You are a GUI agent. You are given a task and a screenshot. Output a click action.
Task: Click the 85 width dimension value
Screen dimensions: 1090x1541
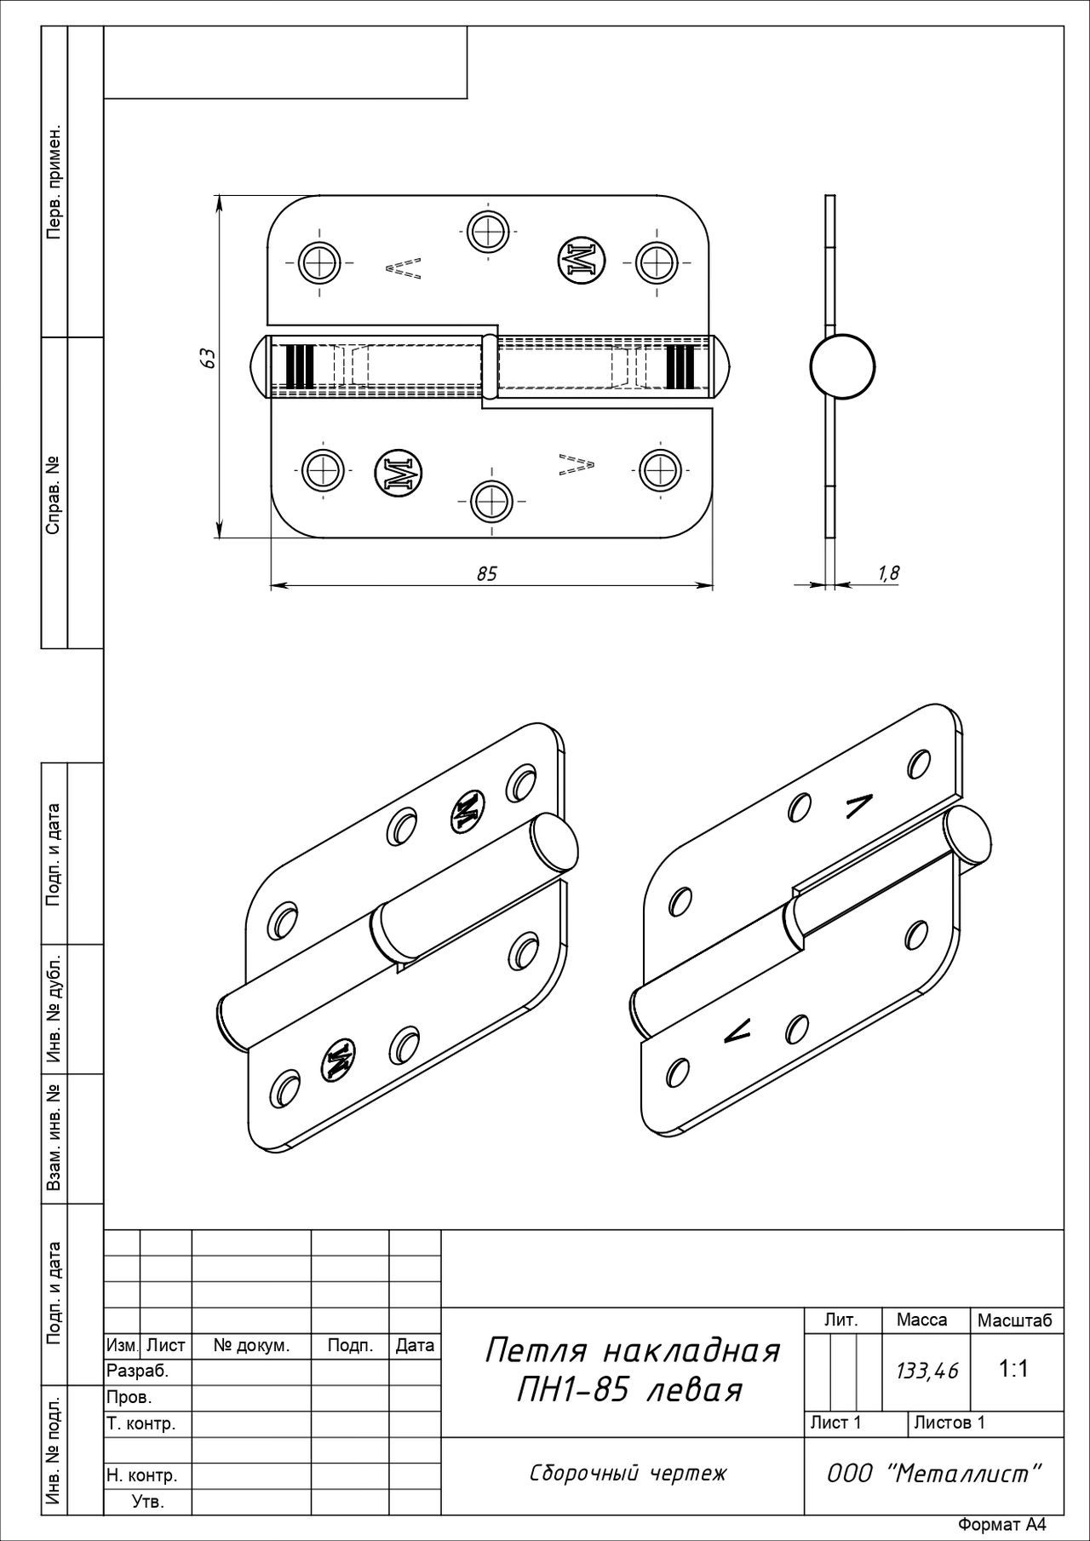(x=486, y=574)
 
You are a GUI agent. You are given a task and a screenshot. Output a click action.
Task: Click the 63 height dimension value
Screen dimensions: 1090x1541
(x=207, y=357)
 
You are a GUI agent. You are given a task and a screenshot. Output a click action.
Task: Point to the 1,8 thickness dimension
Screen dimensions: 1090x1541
(x=888, y=573)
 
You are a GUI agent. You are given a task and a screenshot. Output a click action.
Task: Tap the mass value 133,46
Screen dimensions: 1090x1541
(x=926, y=1371)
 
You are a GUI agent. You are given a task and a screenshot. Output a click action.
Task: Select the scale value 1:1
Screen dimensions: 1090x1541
(x=1013, y=1369)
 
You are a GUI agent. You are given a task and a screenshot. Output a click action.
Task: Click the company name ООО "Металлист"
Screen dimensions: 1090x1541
(x=934, y=1473)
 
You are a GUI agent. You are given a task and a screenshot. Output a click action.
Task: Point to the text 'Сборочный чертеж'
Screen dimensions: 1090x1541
(x=628, y=1474)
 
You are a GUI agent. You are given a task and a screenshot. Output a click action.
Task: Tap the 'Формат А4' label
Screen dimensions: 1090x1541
(x=1001, y=1525)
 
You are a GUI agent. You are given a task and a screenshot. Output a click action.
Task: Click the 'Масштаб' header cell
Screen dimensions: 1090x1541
(x=1015, y=1320)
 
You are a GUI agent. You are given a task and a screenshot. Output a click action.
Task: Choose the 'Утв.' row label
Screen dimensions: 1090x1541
(x=148, y=1501)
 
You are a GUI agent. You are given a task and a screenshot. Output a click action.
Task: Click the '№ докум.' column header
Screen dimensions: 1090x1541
(x=251, y=1346)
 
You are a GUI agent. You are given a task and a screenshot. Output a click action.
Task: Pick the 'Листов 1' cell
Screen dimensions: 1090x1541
(x=949, y=1422)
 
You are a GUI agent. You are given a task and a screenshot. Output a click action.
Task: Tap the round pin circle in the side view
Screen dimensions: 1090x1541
(x=842, y=367)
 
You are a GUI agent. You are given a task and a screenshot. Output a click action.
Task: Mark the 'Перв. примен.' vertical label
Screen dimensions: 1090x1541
(x=54, y=183)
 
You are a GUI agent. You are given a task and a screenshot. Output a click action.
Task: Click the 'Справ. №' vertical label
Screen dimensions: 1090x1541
(x=54, y=496)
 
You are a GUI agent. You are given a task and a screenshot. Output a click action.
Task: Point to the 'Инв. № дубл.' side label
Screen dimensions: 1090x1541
(x=54, y=1010)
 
